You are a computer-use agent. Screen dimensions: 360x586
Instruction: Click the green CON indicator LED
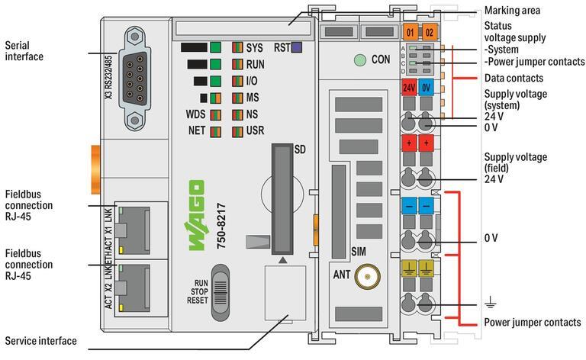tap(358, 59)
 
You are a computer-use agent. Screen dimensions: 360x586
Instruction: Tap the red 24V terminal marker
tap(409, 88)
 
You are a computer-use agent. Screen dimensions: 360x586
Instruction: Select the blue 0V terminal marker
tap(427, 88)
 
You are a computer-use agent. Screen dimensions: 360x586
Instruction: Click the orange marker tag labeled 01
tap(410, 32)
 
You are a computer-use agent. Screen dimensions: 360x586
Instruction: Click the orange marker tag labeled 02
tap(428, 32)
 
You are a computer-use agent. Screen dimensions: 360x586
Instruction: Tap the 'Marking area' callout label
tap(512, 11)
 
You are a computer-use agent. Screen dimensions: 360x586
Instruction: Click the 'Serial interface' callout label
tap(23, 51)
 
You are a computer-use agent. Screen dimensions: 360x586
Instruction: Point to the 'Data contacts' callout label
tap(514, 78)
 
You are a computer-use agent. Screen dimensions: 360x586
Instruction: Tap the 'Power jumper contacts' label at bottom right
tap(532, 322)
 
